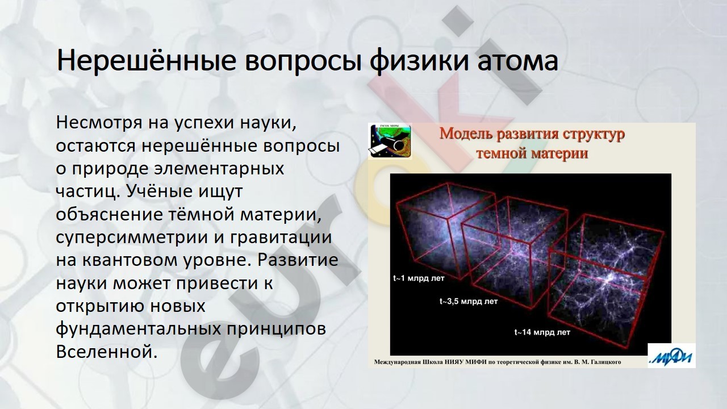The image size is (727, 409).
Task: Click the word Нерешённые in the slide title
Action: click(x=147, y=61)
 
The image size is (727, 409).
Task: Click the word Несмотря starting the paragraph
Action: click(x=99, y=123)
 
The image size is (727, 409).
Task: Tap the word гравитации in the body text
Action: click(x=281, y=237)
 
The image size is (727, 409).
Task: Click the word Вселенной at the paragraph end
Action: click(x=107, y=352)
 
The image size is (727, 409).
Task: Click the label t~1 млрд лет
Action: click(x=419, y=278)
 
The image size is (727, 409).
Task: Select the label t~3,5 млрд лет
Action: click(x=469, y=302)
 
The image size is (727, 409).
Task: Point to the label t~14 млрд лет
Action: click(x=542, y=332)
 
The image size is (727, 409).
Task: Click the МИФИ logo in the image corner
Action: click(x=671, y=356)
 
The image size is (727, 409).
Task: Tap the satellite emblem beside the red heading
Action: click(x=390, y=141)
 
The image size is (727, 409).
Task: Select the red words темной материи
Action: click(x=532, y=153)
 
